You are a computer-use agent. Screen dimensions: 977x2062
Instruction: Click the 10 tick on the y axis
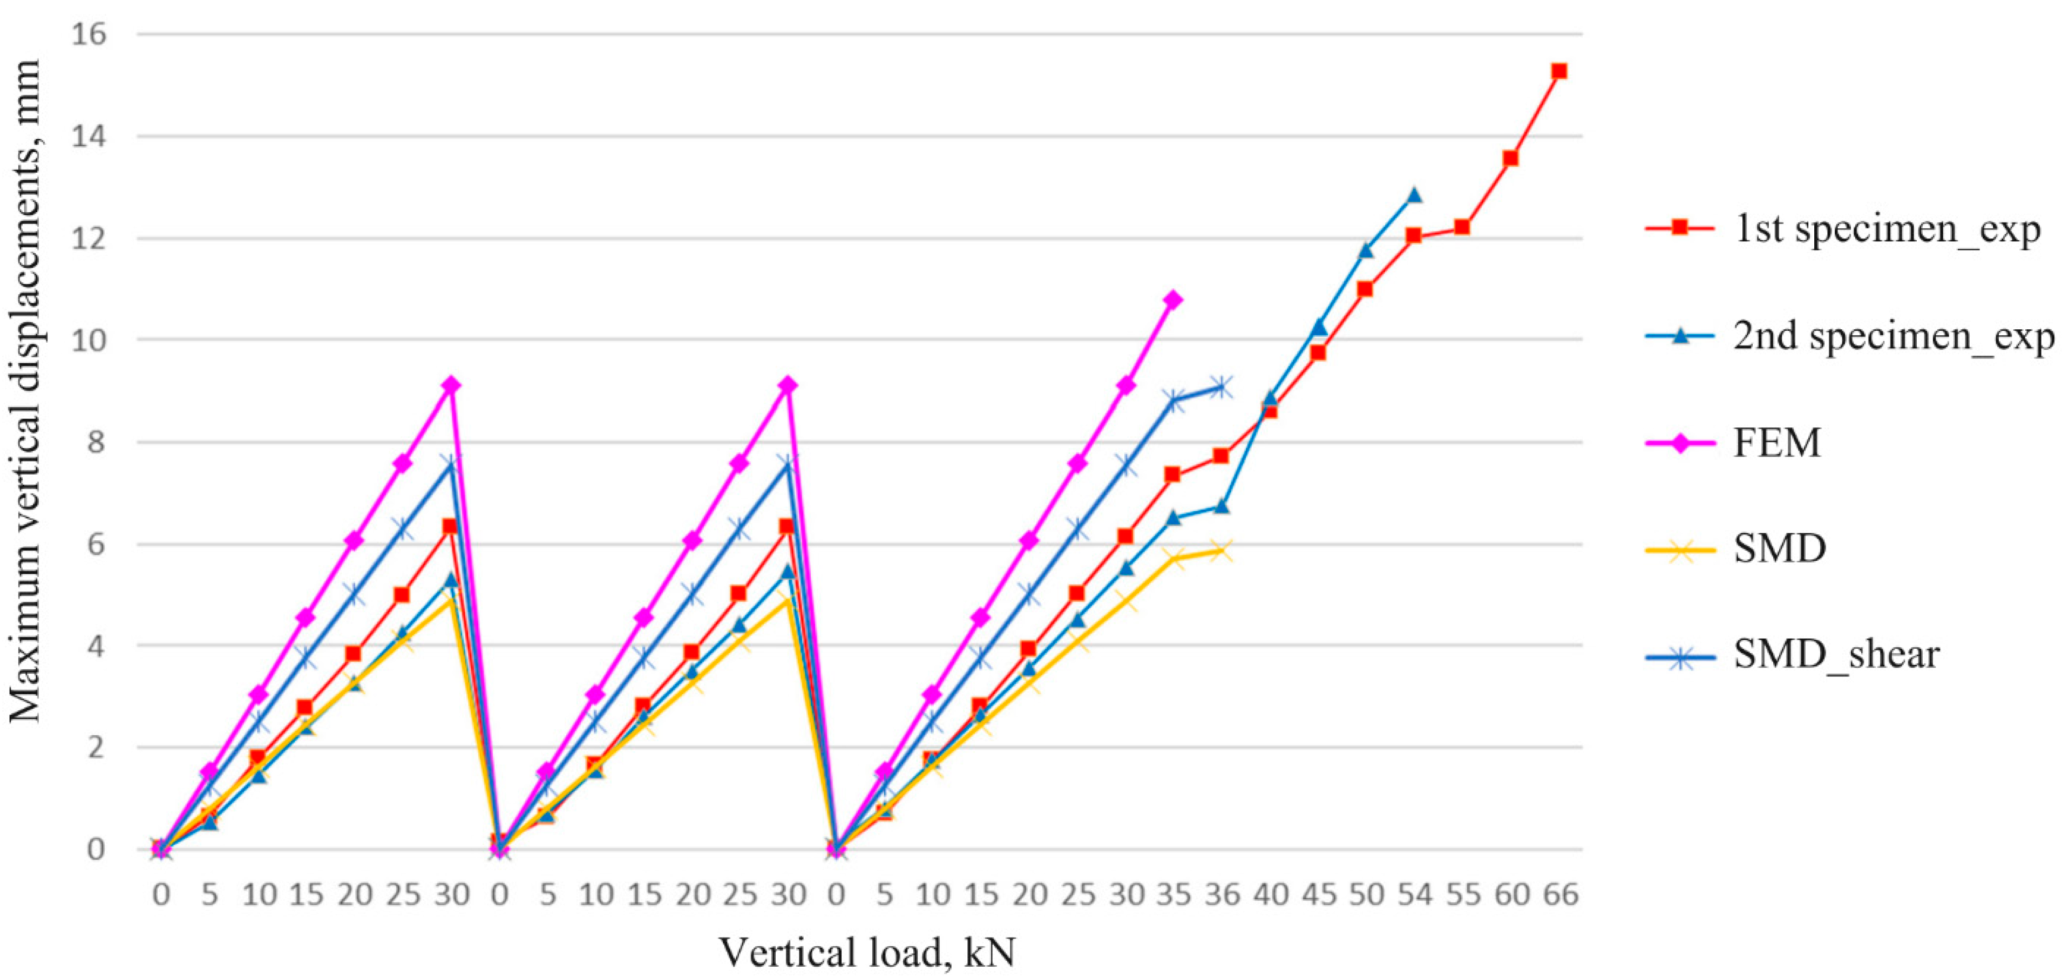click(x=90, y=340)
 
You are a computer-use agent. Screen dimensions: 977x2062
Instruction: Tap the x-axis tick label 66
click(x=1560, y=894)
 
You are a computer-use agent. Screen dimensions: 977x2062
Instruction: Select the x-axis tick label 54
click(x=1414, y=894)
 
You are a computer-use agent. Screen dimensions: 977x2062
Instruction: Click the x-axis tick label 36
click(x=1222, y=894)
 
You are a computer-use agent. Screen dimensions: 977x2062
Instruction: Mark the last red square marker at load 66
click(x=1558, y=71)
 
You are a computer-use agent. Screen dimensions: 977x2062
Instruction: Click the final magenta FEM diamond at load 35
click(x=1172, y=300)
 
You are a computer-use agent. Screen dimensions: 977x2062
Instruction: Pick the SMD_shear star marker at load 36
click(x=1220, y=388)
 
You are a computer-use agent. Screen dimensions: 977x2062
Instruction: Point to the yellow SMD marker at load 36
click(x=1220, y=551)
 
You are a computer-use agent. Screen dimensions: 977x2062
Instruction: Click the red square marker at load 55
click(x=1462, y=227)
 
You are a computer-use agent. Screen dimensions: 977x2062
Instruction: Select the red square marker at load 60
click(x=1510, y=159)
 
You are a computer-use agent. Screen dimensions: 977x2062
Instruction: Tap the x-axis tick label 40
click(x=1270, y=894)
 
